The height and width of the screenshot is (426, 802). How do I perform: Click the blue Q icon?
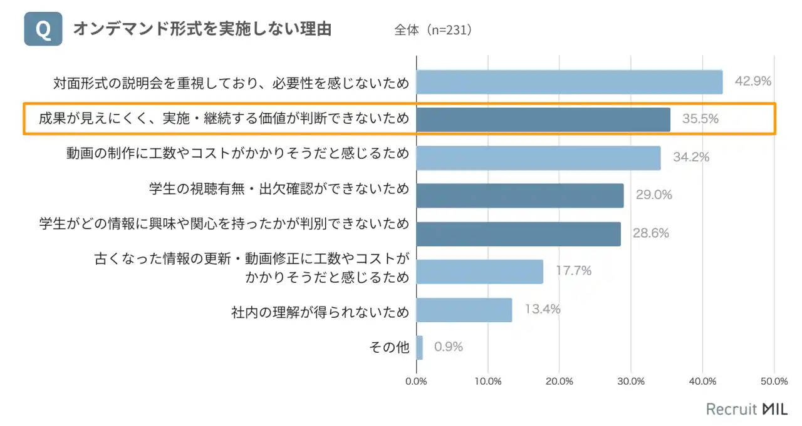click(43, 29)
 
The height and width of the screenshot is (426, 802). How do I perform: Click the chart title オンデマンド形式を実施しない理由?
click(202, 29)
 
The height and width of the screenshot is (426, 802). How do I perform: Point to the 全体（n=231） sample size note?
click(433, 30)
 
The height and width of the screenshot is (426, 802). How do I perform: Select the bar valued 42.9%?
click(569, 82)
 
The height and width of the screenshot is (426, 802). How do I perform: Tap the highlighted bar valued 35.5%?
click(543, 119)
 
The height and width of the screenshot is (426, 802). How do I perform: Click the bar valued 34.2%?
click(538, 158)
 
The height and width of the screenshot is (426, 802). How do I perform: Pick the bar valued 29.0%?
click(520, 195)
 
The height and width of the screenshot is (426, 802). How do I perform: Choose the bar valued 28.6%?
click(518, 233)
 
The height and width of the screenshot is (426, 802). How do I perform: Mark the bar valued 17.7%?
click(479, 271)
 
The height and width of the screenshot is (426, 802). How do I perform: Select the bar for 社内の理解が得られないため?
click(464, 310)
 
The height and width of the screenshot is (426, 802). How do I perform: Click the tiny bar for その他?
click(419, 347)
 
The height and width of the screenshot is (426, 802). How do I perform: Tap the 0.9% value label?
click(449, 347)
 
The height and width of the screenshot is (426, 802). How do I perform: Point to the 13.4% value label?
click(542, 309)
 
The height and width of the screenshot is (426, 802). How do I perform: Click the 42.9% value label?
click(753, 81)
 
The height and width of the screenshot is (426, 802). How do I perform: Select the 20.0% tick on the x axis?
click(560, 381)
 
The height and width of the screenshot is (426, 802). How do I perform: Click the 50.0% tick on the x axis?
click(774, 381)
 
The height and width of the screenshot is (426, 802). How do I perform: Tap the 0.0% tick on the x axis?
click(417, 381)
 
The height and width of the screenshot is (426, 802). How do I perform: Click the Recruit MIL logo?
click(747, 409)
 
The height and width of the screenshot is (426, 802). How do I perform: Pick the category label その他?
click(390, 348)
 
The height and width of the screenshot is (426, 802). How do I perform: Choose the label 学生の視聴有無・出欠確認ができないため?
click(279, 188)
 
